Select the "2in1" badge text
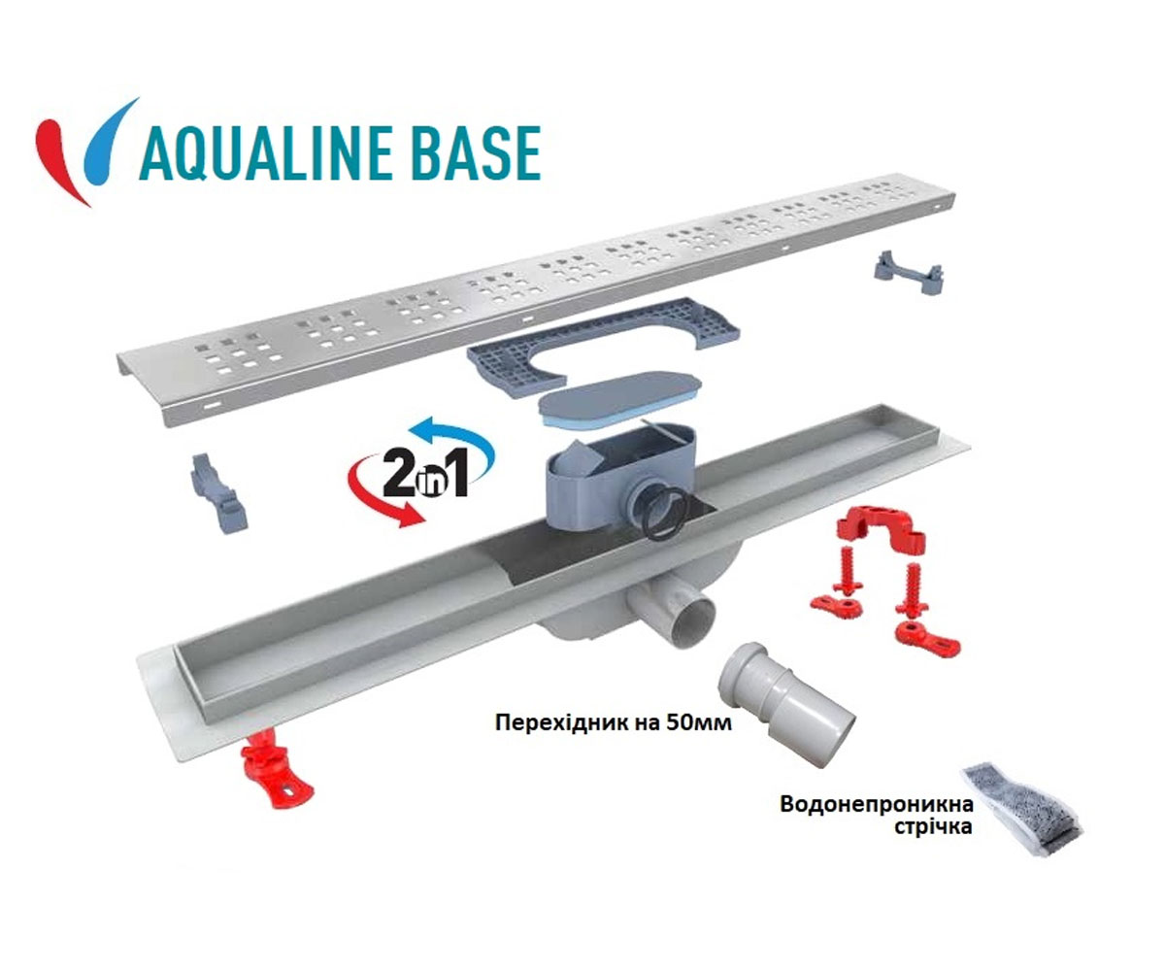(425, 475)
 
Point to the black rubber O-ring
(666, 514)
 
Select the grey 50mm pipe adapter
(785, 703)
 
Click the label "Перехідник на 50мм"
(614, 723)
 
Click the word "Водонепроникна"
(877, 804)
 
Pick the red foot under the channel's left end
(275, 769)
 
